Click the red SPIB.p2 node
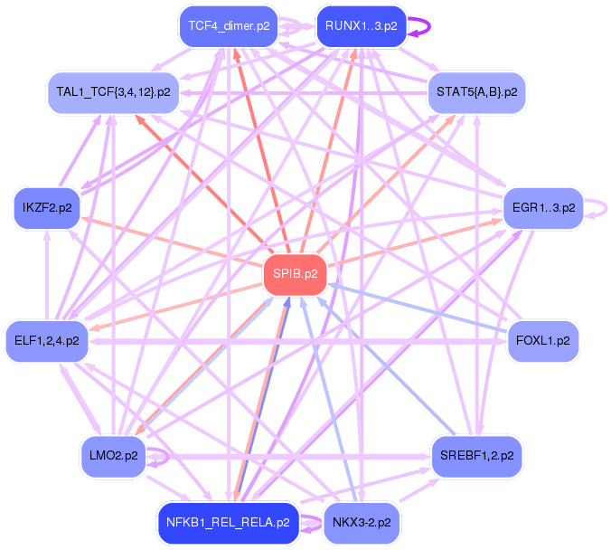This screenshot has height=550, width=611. pyautogui.click(x=294, y=275)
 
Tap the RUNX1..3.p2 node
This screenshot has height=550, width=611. pyautogui.click(x=361, y=26)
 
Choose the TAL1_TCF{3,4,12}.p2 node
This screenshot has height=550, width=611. pyautogui.click(x=112, y=92)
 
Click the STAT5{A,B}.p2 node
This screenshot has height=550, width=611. pyautogui.click(x=476, y=92)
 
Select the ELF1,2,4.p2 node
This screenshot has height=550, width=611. pyautogui.click(x=47, y=341)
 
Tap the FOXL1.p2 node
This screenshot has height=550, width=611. pyautogui.click(x=542, y=341)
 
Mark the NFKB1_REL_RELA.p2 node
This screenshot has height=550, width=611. pyautogui.click(x=228, y=523)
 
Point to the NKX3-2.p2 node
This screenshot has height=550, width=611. pyautogui.click(x=361, y=523)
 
